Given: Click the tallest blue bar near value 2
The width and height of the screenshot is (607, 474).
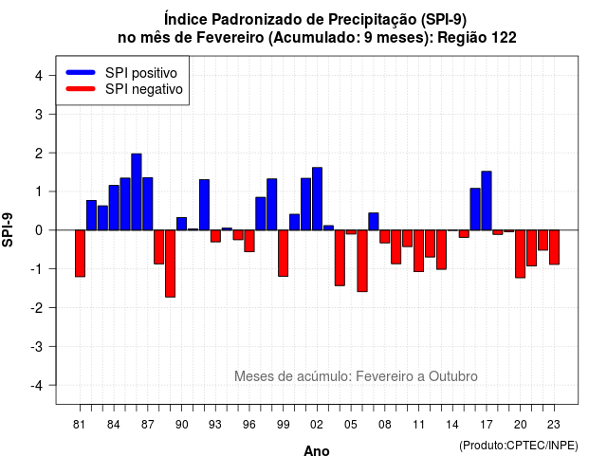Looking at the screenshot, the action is click(x=137, y=191).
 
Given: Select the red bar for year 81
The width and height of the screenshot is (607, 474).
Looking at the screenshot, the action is click(x=80, y=253).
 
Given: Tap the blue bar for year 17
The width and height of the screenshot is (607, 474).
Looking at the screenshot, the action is click(x=487, y=201).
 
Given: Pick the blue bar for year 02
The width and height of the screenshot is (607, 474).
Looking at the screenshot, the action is click(x=317, y=199).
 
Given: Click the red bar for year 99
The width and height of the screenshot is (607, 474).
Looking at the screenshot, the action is click(x=284, y=253).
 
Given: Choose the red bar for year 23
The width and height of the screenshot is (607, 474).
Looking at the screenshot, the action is click(x=554, y=247).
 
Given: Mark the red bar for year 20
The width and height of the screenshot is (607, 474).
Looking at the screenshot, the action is click(x=521, y=254).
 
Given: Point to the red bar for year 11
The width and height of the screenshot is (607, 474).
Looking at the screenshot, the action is click(x=419, y=251).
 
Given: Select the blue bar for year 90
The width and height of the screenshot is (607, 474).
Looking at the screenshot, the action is click(x=181, y=224).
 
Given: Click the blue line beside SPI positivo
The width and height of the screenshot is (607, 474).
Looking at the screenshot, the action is click(x=81, y=72).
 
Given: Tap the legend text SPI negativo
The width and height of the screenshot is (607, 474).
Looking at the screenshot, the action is click(x=144, y=89).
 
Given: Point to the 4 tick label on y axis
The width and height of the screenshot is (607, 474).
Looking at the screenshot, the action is click(x=39, y=76).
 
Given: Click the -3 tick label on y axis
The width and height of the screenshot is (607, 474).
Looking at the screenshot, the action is click(x=37, y=347).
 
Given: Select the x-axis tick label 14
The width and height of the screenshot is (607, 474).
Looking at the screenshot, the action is click(x=452, y=425).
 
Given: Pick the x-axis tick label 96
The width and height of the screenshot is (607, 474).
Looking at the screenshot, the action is click(x=249, y=425).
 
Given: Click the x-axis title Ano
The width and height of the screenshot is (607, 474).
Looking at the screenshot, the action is click(x=317, y=451).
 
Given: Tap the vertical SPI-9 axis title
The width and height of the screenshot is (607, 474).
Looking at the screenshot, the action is click(x=8, y=229).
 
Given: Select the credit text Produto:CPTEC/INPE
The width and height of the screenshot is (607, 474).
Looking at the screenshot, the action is click(x=519, y=446).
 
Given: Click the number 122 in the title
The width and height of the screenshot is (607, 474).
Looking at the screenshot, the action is click(x=504, y=38).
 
